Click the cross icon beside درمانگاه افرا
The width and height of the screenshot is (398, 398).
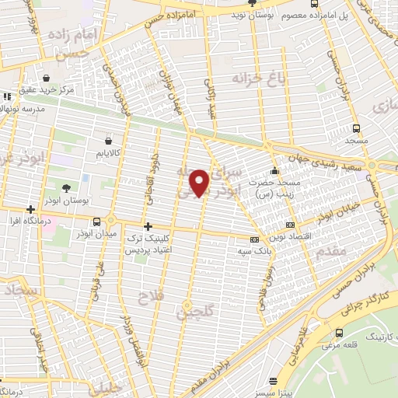point(30,209)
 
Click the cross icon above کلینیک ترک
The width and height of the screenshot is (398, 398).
point(147,226)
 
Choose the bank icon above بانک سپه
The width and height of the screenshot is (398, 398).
point(254,239)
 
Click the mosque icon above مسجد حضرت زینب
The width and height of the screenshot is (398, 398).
point(273,171)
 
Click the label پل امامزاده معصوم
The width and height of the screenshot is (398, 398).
point(354,15)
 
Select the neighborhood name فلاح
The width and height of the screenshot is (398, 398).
point(148,297)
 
